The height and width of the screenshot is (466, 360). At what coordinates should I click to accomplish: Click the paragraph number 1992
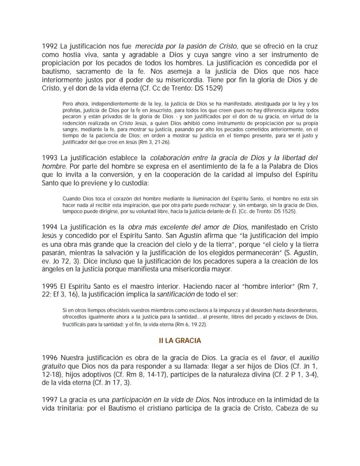(50, 46)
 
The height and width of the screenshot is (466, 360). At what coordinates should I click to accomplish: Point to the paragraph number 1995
(50, 287)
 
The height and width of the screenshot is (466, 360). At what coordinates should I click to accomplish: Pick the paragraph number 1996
(50, 357)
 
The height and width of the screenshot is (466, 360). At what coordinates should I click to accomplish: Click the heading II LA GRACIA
(180, 340)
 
